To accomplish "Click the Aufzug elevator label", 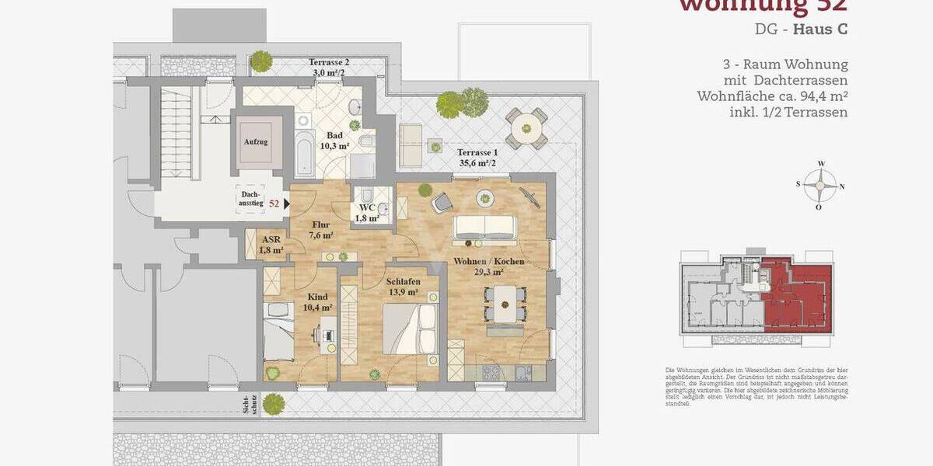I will (x=256, y=142).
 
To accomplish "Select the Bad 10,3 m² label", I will (x=334, y=141).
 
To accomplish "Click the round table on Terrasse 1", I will (x=526, y=127).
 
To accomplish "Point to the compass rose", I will (x=820, y=186).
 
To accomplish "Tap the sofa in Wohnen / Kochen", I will (x=485, y=226).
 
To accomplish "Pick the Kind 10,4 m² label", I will (x=317, y=302).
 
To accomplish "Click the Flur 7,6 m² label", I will (x=320, y=230).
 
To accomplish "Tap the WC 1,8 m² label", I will (x=368, y=213).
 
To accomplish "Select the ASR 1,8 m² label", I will (x=271, y=245).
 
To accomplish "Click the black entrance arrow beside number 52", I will (x=288, y=203).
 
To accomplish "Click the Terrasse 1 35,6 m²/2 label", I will (x=477, y=158).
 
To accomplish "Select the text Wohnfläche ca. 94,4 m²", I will (x=771, y=96).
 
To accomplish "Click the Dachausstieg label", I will (x=250, y=198).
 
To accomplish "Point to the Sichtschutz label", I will (x=249, y=405).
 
